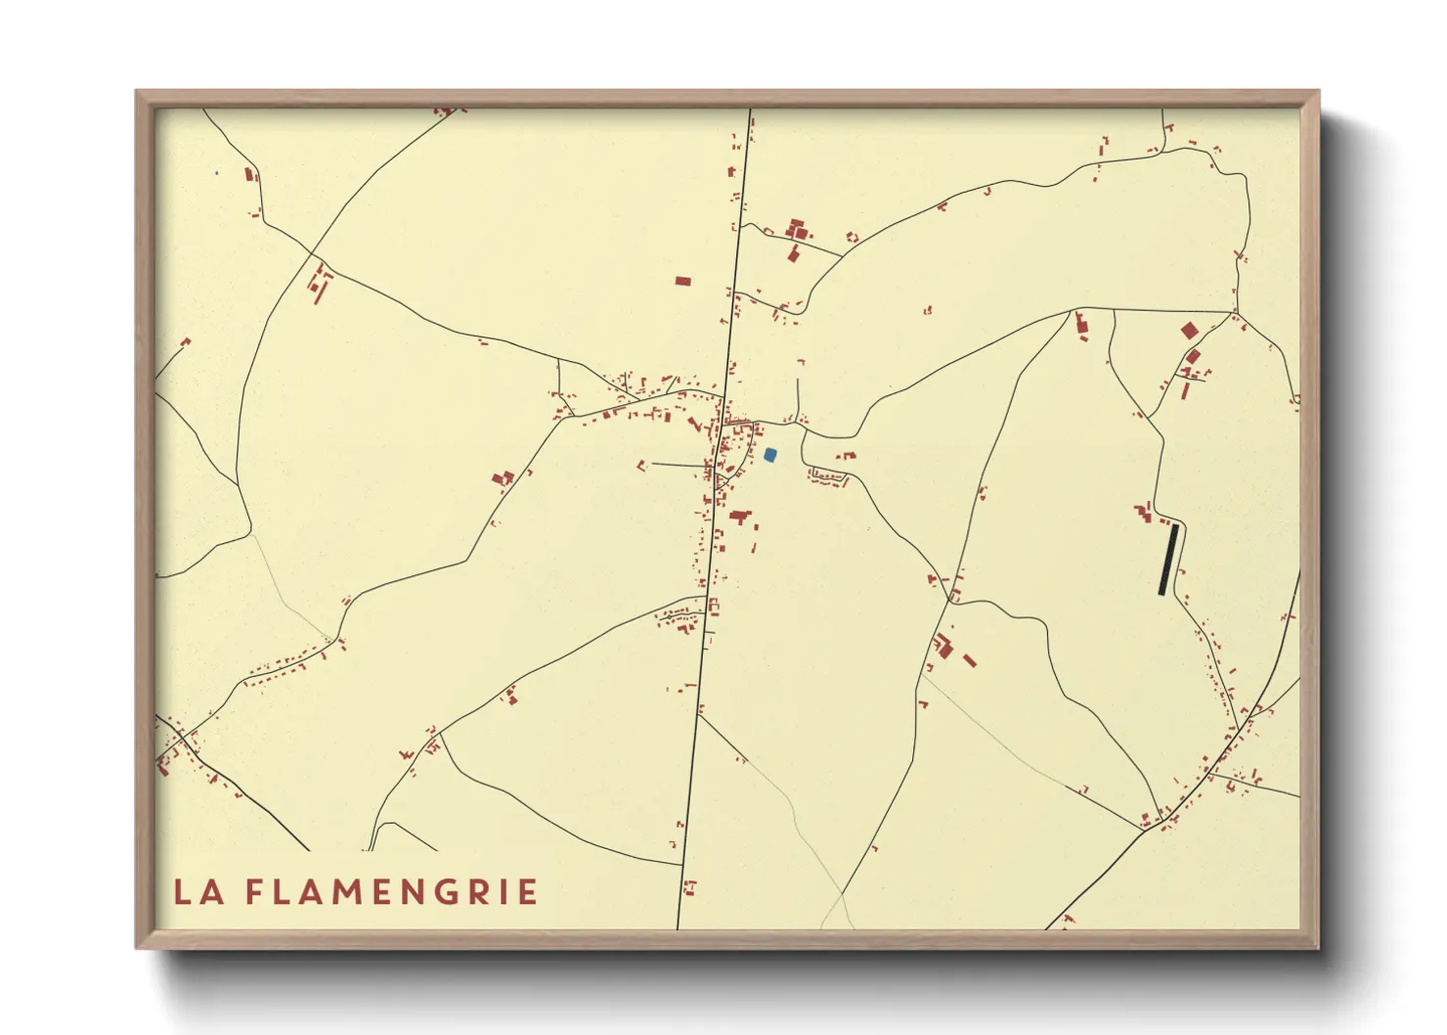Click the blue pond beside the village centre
[770, 454]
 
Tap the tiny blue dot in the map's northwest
[216, 174]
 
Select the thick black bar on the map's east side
[1167, 560]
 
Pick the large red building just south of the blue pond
[739, 515]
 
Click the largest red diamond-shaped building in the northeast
[1189, 331]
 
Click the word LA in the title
[198, 892]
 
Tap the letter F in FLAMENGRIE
[253, 892]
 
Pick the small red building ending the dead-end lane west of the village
[642, 465]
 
